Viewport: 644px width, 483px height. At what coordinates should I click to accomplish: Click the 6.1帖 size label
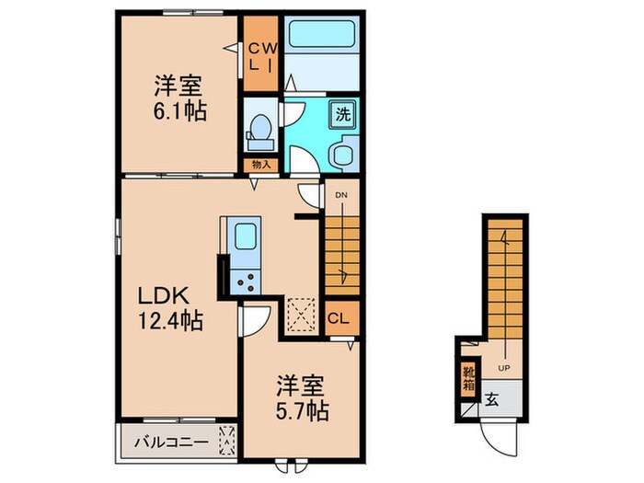tap(179, 111)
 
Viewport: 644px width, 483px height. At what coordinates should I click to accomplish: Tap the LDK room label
tap(165, 296)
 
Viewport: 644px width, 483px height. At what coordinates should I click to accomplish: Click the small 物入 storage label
tap(260, 165)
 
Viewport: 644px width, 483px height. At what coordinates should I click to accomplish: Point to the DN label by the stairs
tap(340, 196)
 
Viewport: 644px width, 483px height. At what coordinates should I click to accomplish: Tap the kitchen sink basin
tap(246, 235)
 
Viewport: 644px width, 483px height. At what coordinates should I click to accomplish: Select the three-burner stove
tap(246, 282)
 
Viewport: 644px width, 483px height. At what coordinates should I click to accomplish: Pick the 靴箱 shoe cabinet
tap(468, 378)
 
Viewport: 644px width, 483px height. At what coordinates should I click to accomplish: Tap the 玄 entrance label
tap(491, 400)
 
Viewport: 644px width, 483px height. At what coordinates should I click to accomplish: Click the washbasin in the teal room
tap(343, 153)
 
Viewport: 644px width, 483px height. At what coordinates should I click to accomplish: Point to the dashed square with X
tap(301, 313)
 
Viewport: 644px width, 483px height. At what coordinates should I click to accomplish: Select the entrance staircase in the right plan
tap(503, 276)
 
